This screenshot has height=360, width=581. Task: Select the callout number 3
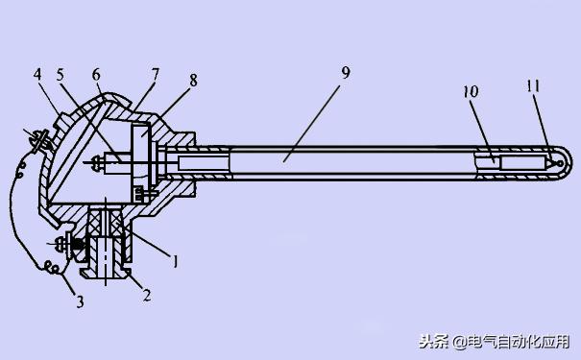pos(81,302)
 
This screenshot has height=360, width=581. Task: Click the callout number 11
pos(534,86)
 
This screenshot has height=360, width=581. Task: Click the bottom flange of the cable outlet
pos(105,273)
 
